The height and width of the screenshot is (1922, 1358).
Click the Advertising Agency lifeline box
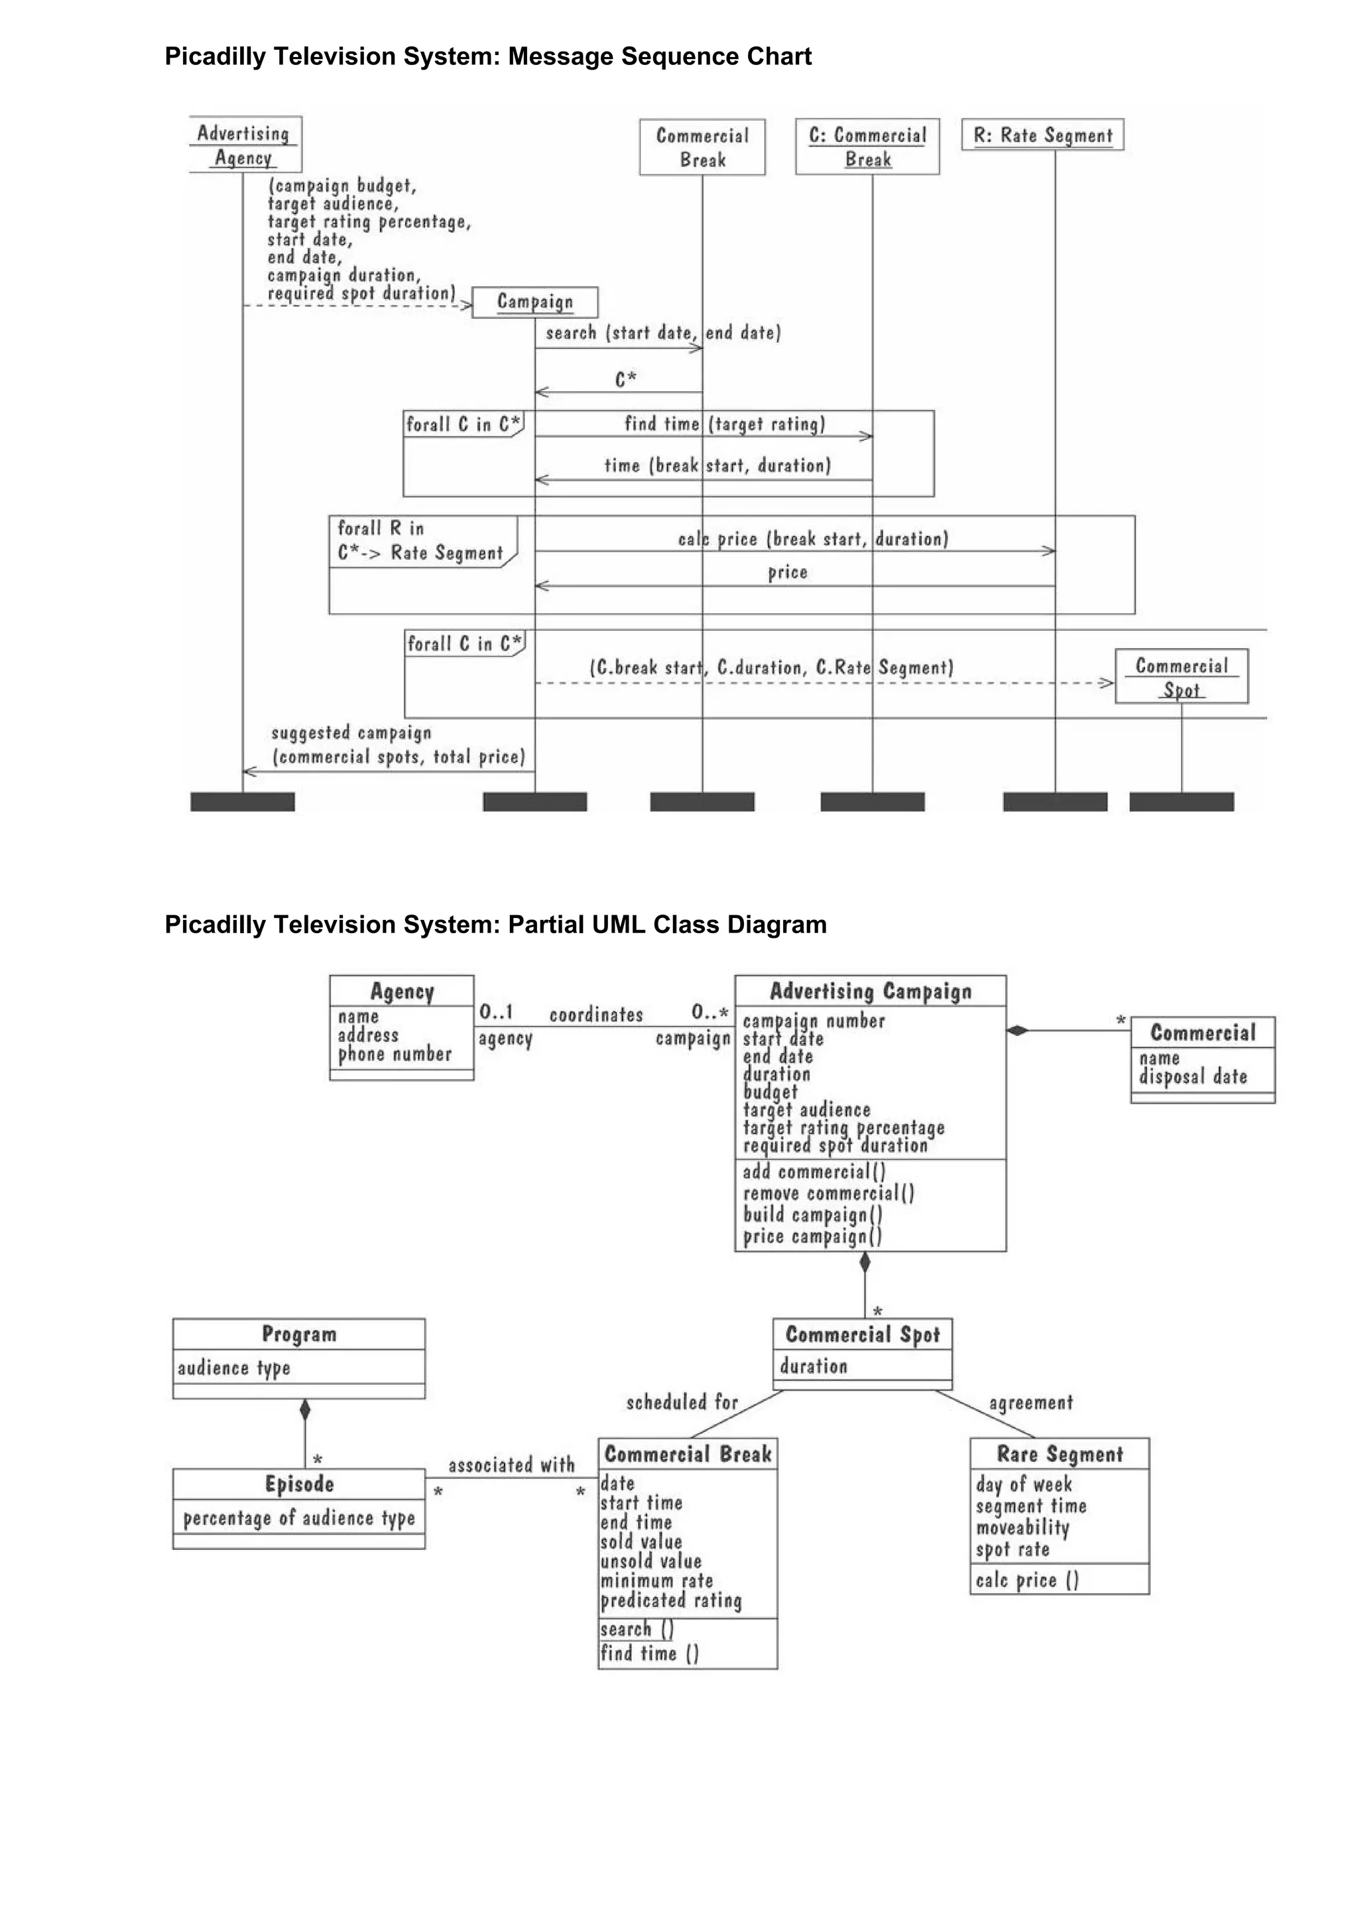[x=244, y=145]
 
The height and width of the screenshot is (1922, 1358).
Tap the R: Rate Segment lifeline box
[x=1042, y=135]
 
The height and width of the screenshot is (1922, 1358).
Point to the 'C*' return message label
[x=626, y=379]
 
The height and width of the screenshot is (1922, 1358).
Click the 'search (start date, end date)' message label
[x=662, y=333]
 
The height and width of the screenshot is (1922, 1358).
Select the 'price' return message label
[x=787, y=572]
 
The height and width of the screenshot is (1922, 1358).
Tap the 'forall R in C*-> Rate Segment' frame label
[x=420, y=541]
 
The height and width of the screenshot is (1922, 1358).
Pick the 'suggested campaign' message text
[x=351, y=734]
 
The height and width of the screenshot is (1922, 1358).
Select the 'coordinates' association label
[x=595, y=1015]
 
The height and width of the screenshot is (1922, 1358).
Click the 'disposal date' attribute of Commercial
[x=1192, y=1076]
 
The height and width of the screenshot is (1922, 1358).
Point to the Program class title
[x=298, y=1334]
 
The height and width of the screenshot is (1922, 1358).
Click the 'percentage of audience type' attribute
[x=298, y=1519]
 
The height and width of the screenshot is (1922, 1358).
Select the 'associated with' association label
[x=511, y=1465]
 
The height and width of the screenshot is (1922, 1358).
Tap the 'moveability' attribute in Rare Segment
[x=1022, y=1528]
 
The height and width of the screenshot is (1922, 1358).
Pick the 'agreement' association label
[x=1030, y=1402]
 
